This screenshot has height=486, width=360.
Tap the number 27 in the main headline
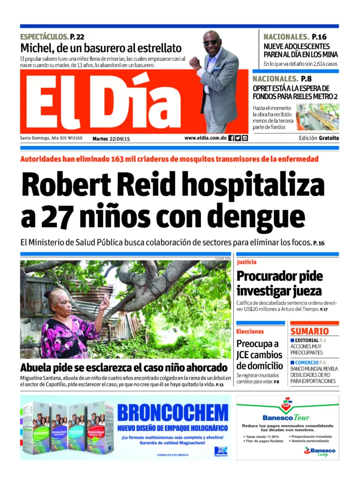tap(56, 217)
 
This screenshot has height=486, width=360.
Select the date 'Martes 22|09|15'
tap(111, 138)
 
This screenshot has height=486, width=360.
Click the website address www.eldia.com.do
tap(205, 138)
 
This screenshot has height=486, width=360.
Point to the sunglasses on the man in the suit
tap(211, 42)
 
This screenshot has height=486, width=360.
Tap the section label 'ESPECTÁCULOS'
tap(44, 37)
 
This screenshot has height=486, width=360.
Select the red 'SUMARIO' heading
tap(309, 331)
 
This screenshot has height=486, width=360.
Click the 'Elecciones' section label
tap(250, 331)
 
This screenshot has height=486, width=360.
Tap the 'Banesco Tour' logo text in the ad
tap(286, 418)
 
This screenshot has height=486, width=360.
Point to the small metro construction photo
tap(317, 117)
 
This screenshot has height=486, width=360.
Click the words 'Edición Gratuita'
tap(319, 138)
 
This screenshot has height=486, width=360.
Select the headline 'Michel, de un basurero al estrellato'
tap(101, 48)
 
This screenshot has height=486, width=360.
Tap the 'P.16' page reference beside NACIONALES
tap(319, 37)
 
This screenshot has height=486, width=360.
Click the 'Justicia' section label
tap(246, 262)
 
